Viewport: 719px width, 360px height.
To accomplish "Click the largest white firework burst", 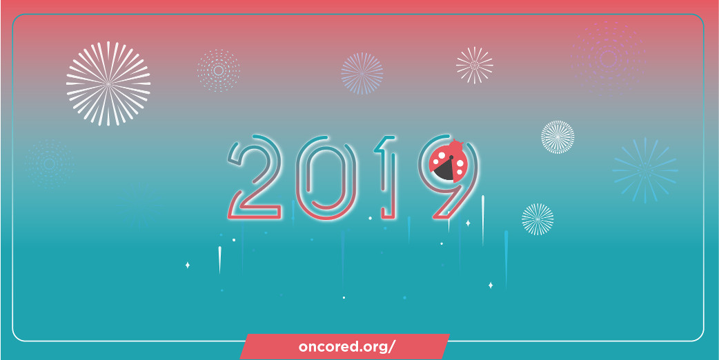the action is (108, 84).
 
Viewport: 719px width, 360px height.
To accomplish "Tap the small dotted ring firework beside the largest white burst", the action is (219, 70).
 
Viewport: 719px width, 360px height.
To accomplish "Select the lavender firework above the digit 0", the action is (362, 73).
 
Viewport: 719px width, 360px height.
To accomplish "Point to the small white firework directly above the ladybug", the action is (475, 66).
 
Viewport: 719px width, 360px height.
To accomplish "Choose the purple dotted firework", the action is (608, 58).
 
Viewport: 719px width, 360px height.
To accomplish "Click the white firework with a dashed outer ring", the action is (558, 137).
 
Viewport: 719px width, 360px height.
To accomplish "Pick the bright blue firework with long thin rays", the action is (645, 170).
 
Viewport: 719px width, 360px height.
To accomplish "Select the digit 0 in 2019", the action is (326, 177).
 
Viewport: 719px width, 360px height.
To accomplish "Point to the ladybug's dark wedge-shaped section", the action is (444, 170).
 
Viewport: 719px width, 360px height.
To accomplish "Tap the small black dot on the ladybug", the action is (451, 158).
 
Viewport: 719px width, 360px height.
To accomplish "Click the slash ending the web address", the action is (391, 347).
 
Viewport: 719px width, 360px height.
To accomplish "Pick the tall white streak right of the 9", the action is (482, 220).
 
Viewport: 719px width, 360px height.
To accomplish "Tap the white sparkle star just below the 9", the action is (468, 223).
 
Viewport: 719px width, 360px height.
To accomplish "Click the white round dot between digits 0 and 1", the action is (370, 218).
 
